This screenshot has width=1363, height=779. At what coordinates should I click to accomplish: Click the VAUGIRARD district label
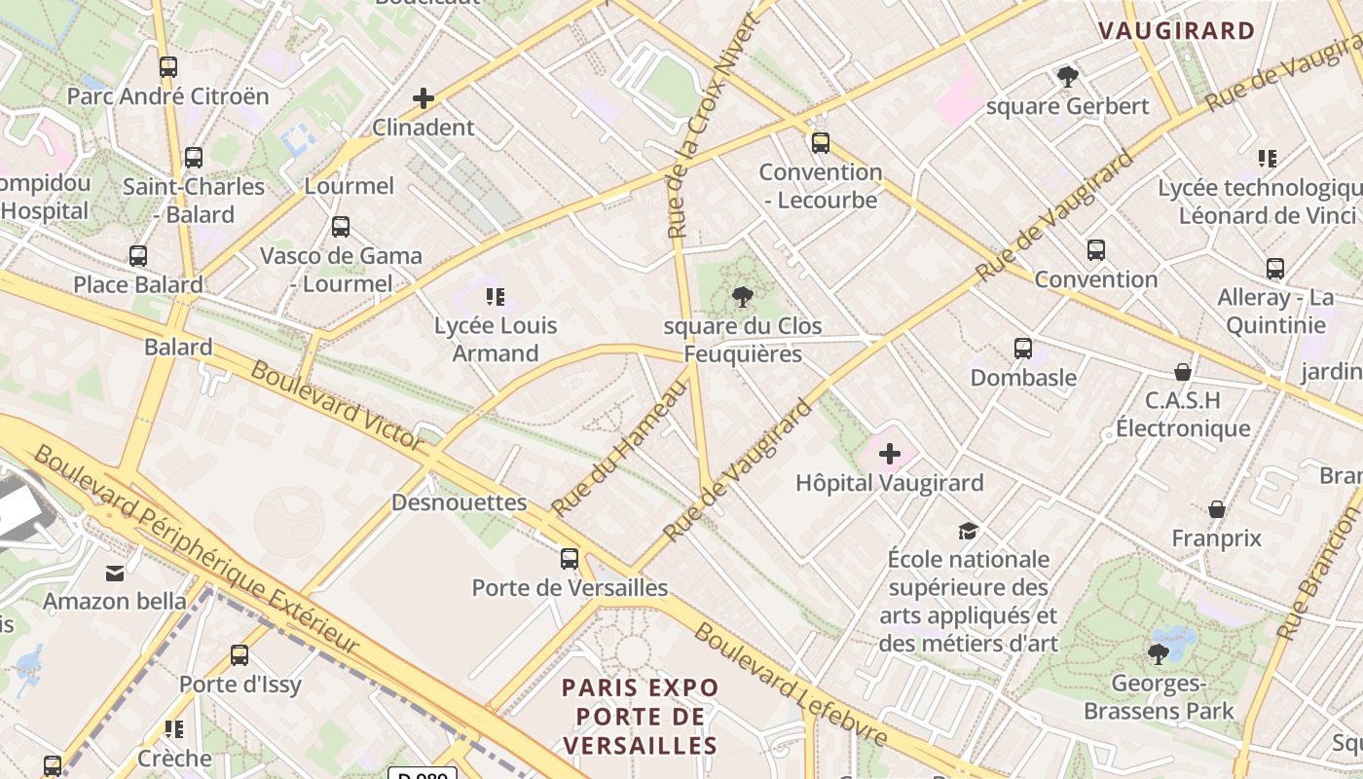(x=1177, y=30)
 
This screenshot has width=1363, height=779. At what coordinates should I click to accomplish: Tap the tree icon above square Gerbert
(x=1068, y=77)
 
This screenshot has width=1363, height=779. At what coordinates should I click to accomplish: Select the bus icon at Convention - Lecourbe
(x=821, y=143)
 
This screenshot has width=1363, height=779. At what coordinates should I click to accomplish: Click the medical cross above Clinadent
(x=424, y=98)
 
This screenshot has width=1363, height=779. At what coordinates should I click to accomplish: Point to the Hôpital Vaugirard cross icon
(x=890, y=454)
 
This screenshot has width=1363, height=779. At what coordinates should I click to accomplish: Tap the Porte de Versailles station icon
(x=570, y=559)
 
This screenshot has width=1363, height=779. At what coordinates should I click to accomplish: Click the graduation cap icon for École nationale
(x=968, y=531)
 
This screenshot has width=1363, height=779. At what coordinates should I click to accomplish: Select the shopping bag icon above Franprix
(x=1217, y=509)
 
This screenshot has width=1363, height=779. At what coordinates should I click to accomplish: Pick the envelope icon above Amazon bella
(x=115, y=573)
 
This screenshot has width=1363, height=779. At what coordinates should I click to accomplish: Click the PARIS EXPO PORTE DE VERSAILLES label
(x=641, y=717)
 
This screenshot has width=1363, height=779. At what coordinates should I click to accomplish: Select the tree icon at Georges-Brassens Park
(x=1159, y=654)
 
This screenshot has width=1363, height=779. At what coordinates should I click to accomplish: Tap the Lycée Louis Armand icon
(x=496, y=296)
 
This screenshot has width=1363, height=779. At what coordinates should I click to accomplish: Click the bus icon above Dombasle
(x=1023, y=349)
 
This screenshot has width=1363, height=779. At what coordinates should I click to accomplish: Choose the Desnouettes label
(x=459, y=502)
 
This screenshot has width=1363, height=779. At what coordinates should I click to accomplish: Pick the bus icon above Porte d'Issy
(x=239, y=655)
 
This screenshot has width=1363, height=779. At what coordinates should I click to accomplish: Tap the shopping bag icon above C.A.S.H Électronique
(x=1183, y=372)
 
